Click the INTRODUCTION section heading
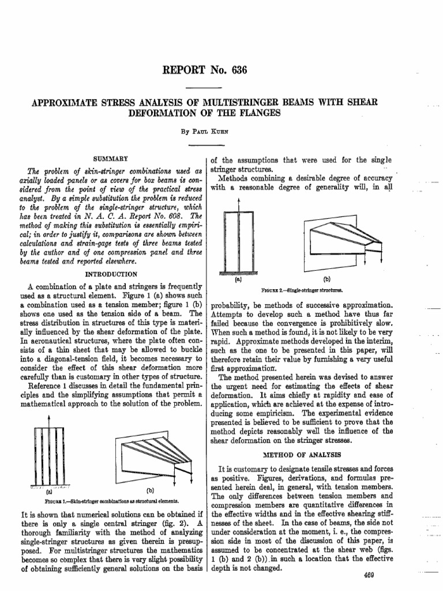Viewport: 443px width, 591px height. point(111,274)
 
